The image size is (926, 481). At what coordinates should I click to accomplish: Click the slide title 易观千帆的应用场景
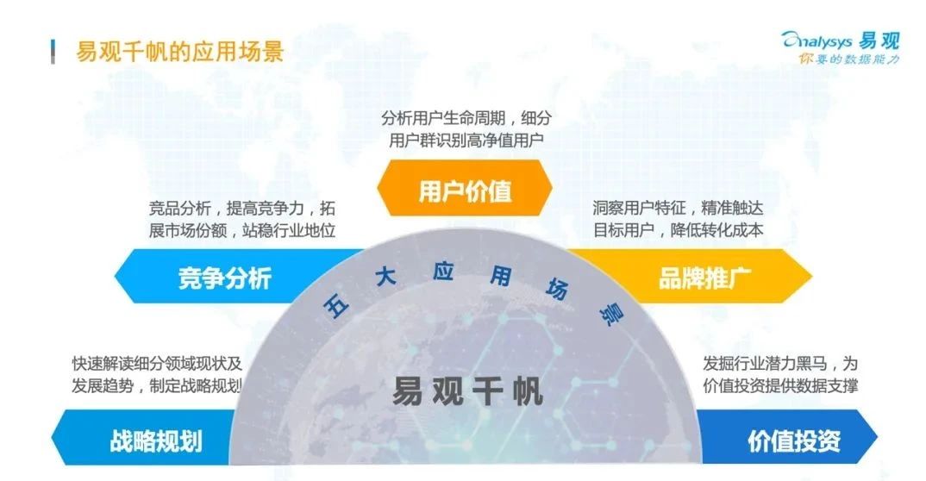[x=180, y=52]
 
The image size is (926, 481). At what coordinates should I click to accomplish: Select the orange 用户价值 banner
[x=465, y=189]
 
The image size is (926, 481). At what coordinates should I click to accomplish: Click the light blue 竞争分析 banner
[x=237, y=276]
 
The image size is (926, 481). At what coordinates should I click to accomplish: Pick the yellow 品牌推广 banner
[x=691, y=276]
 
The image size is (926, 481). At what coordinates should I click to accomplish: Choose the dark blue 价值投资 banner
[x=786, y=438]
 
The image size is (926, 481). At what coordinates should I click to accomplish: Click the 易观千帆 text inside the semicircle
[x=467, y=391]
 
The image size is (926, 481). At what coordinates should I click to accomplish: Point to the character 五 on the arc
[x=336, y=306]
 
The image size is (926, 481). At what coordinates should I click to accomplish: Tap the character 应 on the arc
[x=443, y=271]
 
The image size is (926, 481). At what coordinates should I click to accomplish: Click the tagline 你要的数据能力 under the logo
[x=849, y=59]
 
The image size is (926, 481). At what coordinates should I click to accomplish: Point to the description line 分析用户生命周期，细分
[x=466, y=118]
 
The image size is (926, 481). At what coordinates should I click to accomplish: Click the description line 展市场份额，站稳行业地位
[x=242, y=230]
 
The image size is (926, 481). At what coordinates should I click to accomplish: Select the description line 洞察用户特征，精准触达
[x=678, y=208]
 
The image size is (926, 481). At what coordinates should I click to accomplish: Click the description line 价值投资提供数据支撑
[x=780, y=386]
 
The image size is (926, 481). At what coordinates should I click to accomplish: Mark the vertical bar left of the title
[x=53, y=52]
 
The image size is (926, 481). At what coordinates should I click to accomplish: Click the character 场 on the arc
[x=557, y=289]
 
